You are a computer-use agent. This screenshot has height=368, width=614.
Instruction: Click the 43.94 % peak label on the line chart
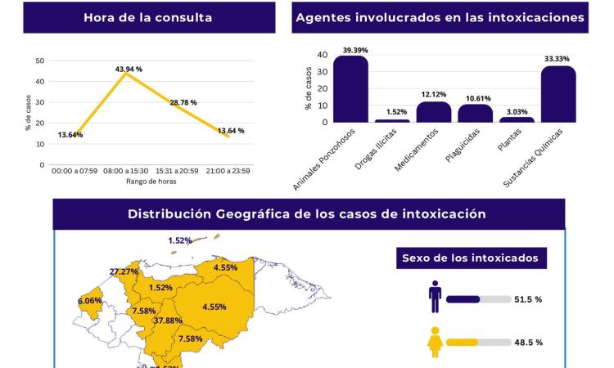(x=128, y=70)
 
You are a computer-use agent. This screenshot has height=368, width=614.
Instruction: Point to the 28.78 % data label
(x=183, y=102)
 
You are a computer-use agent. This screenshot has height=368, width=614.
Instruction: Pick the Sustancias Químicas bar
(x=558, y=94)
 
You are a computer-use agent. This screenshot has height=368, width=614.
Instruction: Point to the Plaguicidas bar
(x=475, y=114)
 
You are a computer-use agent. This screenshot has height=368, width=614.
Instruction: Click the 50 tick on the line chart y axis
(x=40, y=61)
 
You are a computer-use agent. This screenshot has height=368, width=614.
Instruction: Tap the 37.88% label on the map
(x=168, y=321)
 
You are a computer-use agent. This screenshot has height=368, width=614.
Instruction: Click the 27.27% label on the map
(x=124, y=272)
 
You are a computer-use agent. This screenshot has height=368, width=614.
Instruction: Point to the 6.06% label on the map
(x=90, y=301)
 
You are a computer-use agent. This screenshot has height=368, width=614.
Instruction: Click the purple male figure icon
(x=435, y=298)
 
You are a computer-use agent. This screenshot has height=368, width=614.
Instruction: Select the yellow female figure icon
(x=435, y=342)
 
